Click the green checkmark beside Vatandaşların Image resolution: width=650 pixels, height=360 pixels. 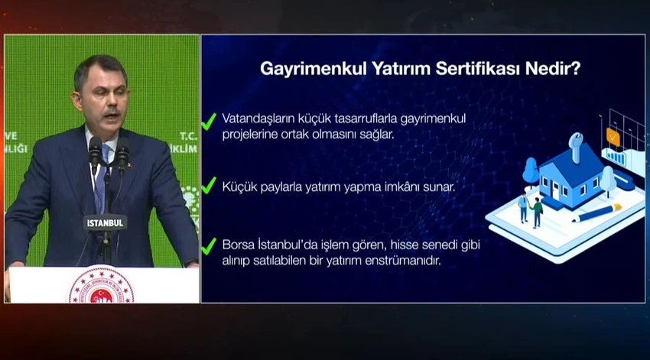[x=209, y=122]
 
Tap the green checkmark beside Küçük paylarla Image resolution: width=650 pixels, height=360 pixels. [x=209, y=185]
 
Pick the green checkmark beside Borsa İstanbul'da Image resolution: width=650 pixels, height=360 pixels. [x=209, y=246]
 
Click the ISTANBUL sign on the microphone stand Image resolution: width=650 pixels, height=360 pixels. [x=105, y=223]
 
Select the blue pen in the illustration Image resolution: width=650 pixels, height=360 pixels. [x=596, y=212]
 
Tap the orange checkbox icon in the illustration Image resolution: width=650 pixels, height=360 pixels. [x=613, y=137]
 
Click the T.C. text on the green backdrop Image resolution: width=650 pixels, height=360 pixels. [x=188, y=136]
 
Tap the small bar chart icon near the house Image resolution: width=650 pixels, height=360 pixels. [x=616, y=157]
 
